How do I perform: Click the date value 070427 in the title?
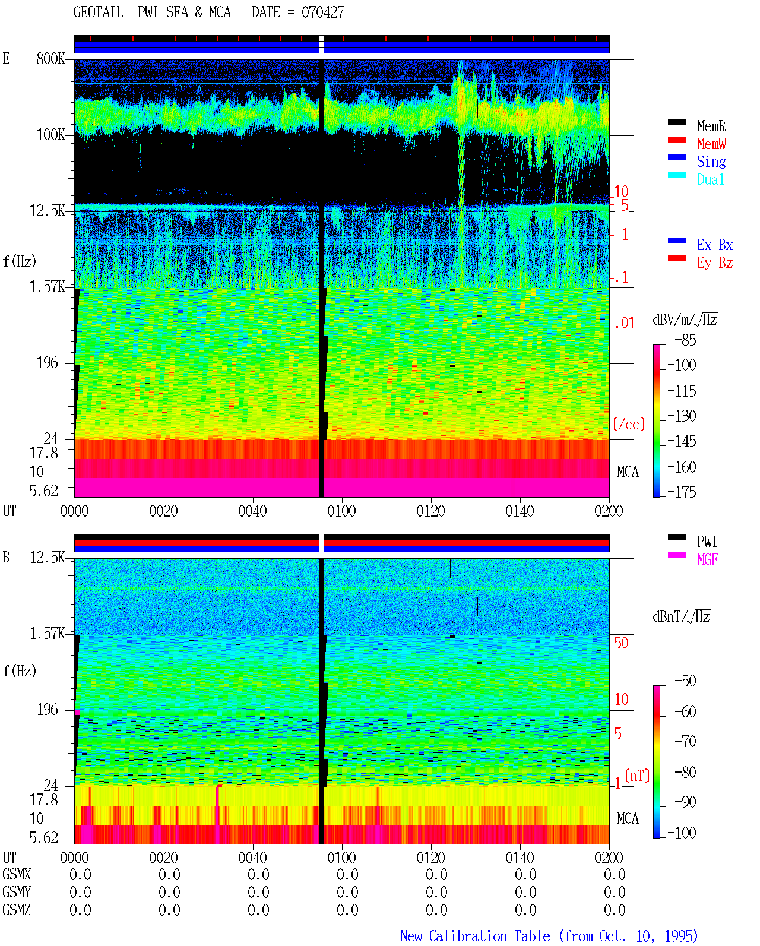(322, 12)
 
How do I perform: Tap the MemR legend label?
(711, 126)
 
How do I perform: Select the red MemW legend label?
(711, 144)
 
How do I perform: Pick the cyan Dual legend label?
(711, 179)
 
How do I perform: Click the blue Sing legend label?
(711, 162)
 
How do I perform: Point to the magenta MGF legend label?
(707, 559)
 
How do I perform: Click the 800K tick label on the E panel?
(50, 58)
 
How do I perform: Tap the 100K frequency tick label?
(50, 135)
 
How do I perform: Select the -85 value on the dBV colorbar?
(685, 340)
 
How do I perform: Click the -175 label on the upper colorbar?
(682, 492)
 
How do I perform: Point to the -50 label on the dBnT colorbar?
(685, 681)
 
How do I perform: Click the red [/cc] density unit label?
(629, 424)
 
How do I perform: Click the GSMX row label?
(17, 874)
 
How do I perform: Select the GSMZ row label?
(17, 910)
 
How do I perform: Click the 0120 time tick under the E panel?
(431, 511)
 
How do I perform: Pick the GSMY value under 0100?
(347, 892)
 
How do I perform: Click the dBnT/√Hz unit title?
(681, 616)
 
